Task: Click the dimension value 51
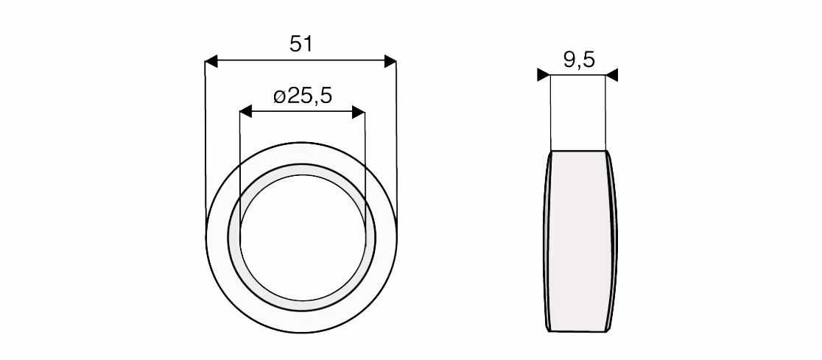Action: (301, 44)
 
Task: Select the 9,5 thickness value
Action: (579, 60)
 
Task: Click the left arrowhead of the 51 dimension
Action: (211, 61)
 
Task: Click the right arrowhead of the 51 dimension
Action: (390, 61)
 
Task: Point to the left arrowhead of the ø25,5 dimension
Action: (246, 112)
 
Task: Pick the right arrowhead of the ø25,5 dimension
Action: (359, 112)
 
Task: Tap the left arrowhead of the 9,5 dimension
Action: (544, 75)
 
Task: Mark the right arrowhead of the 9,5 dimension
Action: (612, 75)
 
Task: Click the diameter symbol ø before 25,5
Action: (279, 96)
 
